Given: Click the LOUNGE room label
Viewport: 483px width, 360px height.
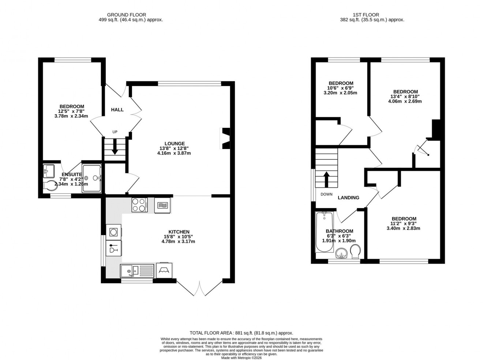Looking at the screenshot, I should coord(174,144).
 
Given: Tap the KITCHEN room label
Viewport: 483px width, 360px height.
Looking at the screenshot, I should coord(179,232).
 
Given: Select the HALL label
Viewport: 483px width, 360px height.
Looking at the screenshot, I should coord(117,110).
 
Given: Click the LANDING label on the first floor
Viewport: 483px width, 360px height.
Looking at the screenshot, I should coord(348,197).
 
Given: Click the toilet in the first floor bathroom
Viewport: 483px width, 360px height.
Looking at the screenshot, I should coord(355,252).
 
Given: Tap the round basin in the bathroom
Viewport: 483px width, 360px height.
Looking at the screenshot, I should coord(342,253).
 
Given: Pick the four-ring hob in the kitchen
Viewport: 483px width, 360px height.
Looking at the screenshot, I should coord(139,205).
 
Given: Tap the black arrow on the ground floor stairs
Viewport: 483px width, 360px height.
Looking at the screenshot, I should coord(115,148).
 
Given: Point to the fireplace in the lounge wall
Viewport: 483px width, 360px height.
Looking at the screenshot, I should coord(225,138).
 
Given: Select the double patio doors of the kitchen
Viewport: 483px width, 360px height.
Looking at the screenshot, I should coord(199,288).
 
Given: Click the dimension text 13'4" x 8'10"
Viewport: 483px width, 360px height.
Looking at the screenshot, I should coord(405,96).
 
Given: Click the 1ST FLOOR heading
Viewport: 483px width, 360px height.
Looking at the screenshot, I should coord(372,15).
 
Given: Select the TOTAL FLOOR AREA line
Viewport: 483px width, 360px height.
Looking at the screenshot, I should coord(241,333).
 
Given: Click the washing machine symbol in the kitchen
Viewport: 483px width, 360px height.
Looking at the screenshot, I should coord(113,232).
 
